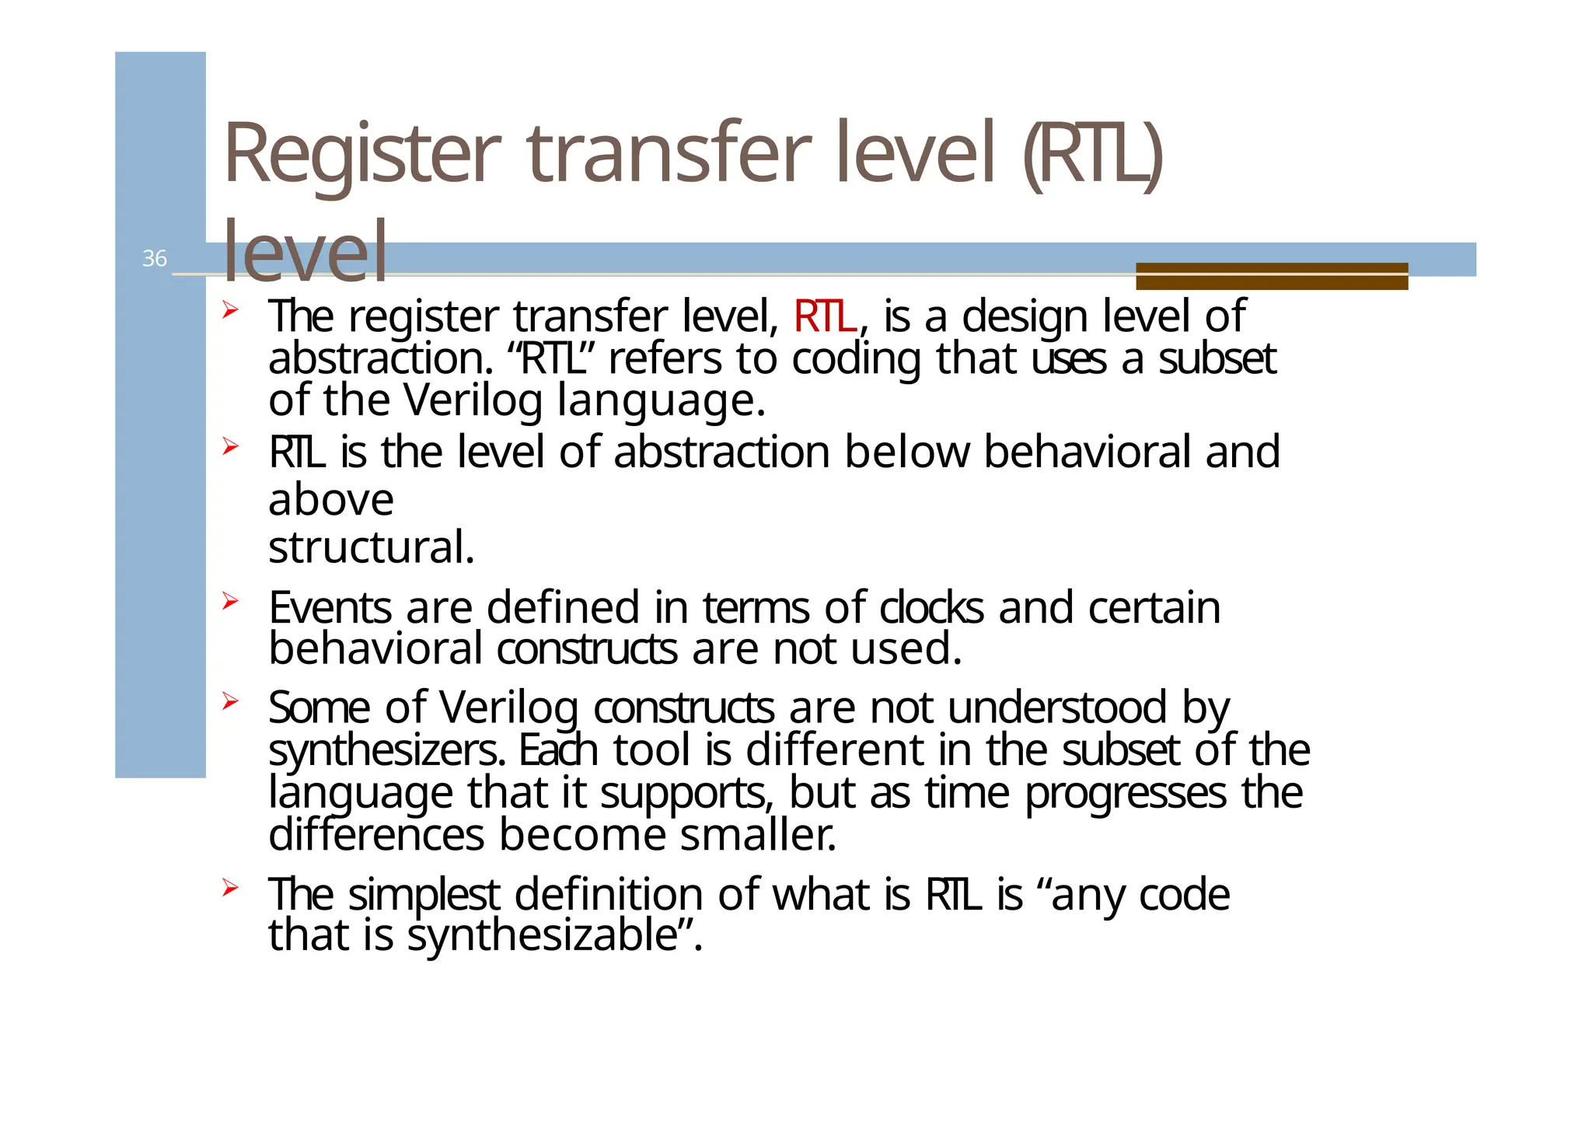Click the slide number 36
click(x=154, y=258)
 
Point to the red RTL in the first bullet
click(x=825, y=316)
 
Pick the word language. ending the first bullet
click(x=662, y=401)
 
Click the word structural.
click(x=371, y=547)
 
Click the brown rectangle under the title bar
click(x=1271, y=276)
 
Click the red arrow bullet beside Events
click(x=229, y=600)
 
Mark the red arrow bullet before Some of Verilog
click(x=229, y=701)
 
